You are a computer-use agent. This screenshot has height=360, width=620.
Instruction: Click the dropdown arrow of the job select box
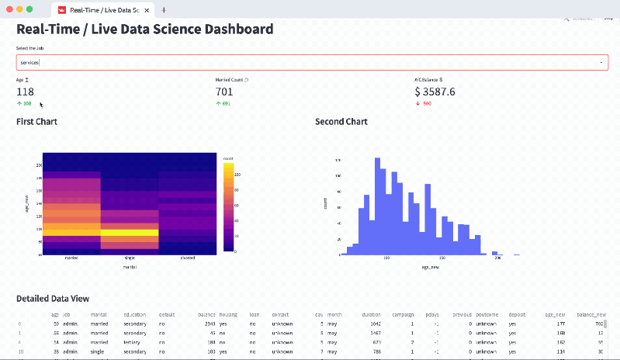[601, 62]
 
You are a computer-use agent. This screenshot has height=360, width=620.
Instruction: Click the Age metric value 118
[25, 92]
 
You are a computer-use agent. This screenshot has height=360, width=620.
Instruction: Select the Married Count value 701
[224, 92]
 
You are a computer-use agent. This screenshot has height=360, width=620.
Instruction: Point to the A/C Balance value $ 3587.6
[435, 92]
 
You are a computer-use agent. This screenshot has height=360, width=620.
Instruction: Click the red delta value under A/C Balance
[424, 103]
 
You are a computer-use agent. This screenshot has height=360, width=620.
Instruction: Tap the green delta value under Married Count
[223, 103]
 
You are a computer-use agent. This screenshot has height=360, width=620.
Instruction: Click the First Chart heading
[36, 122]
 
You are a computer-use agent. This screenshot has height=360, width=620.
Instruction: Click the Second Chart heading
[341, 122]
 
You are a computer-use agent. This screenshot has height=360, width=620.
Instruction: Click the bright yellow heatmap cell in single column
[130, 232]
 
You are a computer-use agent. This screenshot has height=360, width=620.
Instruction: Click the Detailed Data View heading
[53, 299]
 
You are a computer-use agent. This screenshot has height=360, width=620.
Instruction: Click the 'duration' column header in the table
[371, 315]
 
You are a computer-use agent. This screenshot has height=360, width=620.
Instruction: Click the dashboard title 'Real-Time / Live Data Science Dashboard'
[145, 29]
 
